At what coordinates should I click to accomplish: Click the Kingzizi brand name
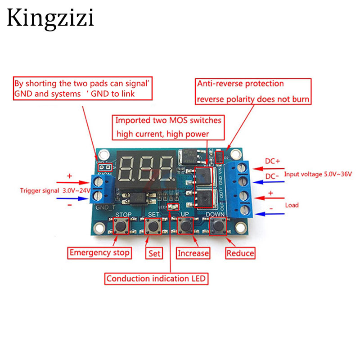[50, 18]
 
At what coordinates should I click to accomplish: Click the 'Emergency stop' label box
[99, 252]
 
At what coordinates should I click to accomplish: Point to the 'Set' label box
[154, 253]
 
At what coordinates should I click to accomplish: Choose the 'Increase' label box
[193, 253]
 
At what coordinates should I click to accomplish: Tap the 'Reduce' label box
[240, 253]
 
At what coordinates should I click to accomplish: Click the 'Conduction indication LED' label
[156, 279]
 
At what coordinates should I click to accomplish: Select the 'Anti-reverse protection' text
[240, 84]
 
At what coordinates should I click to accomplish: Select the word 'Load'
[292, 205]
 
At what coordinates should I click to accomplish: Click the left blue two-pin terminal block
[101, 188]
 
